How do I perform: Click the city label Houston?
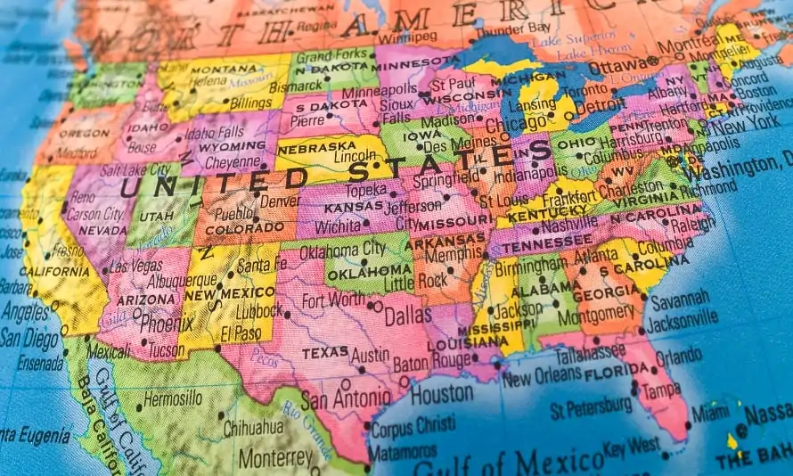pos(441,393)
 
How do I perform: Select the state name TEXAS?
pos(323,353)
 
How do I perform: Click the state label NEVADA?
pos(102,229)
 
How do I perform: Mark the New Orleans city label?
pos(542,378)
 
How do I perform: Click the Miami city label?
pos(709,414)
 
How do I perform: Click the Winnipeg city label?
pos(406,37)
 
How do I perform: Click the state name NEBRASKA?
pos(315,147)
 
